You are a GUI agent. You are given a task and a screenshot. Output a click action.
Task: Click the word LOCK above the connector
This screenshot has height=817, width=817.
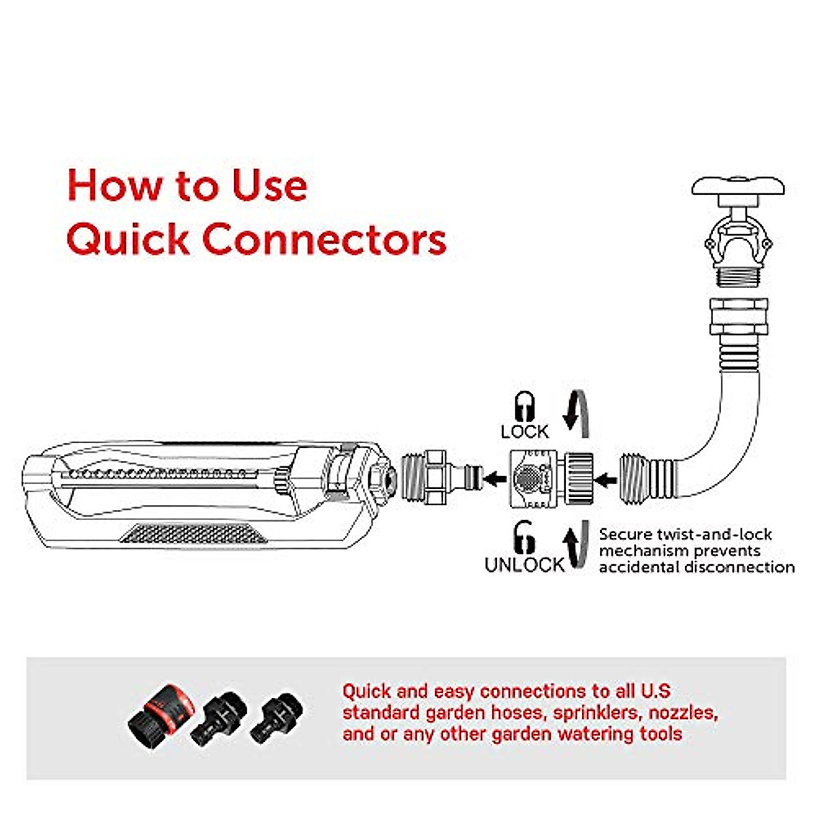(x=524, y=432)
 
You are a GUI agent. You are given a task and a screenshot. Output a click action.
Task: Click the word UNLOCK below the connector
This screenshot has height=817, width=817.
(x=524, y=565)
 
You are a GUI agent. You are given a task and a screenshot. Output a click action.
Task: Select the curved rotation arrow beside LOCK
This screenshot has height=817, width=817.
(x=576, y=414)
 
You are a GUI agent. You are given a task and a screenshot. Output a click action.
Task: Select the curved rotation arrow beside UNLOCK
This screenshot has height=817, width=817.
(x=575, y=545)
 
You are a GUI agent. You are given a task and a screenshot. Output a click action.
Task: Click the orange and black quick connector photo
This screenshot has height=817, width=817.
(x=162, y=713)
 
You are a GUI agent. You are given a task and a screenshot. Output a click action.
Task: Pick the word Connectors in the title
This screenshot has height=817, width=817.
(x=324, y=240)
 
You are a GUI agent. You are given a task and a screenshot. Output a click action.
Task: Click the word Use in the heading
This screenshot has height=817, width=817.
(x=270, y=185)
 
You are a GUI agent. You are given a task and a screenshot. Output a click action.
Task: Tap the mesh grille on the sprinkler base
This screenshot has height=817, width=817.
(x=194, y=533)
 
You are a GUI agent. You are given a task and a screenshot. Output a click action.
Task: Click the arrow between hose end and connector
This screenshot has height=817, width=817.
(x=607, y=479)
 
